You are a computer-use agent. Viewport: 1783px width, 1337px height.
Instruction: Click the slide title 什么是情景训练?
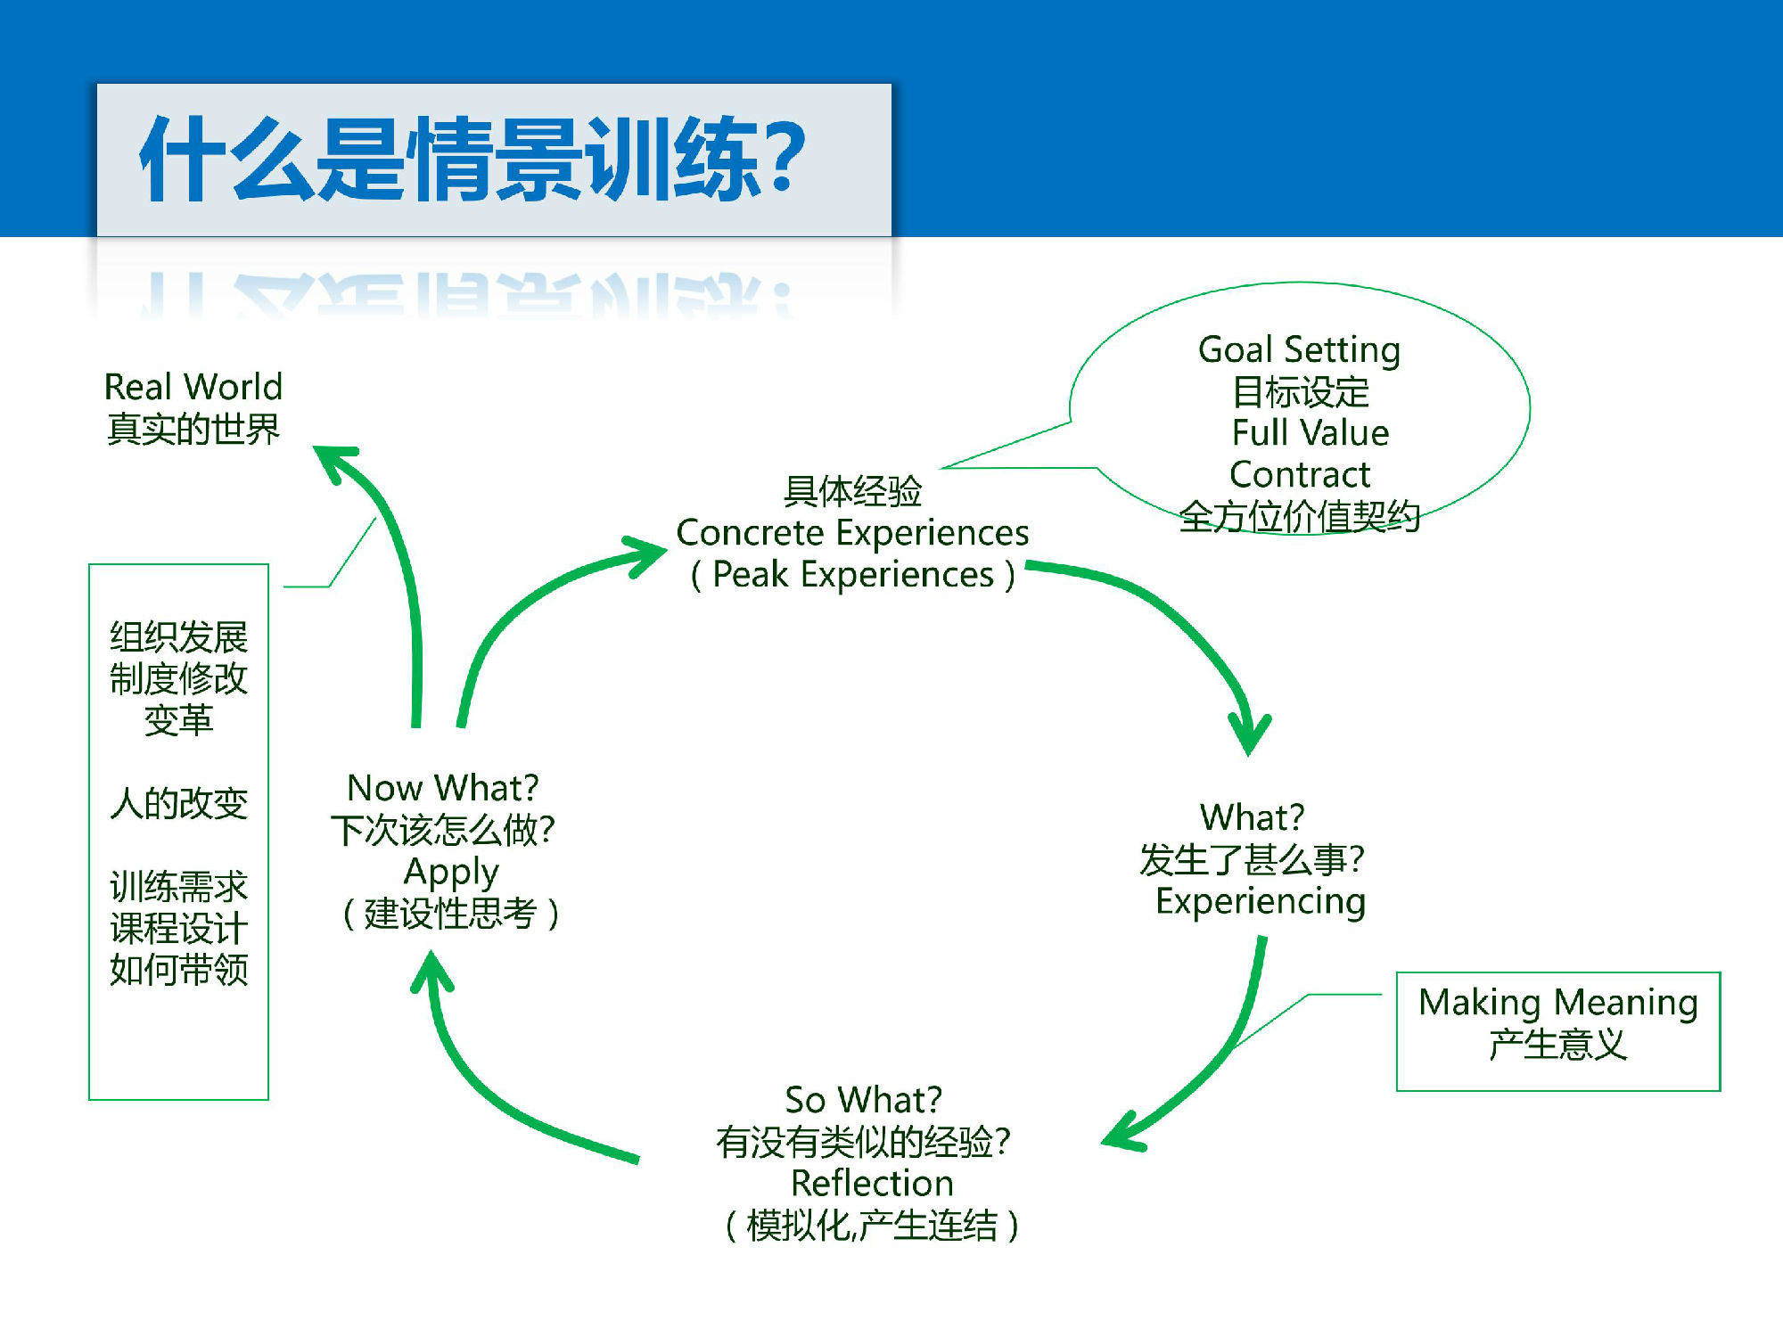[472, 159]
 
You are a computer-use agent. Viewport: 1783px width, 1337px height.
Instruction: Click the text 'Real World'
[193, 387]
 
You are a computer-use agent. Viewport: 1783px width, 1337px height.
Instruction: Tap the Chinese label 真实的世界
[193, 429]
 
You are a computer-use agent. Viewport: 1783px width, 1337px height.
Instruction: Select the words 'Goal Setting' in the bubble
[1299, 350]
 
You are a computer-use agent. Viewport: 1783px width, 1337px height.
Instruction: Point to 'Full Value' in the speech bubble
[1311, 432]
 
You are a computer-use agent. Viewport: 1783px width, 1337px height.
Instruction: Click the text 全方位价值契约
[1299, 516]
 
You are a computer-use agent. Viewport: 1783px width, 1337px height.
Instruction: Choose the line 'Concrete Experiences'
[852, 533]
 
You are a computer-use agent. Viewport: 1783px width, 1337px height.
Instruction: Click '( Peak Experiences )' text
[853, 575]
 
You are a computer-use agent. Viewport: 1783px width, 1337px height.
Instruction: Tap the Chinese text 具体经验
[852, 490]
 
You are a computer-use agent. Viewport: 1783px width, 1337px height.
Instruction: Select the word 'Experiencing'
[1261, 902]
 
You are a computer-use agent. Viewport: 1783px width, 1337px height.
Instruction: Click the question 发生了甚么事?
[1252, 859]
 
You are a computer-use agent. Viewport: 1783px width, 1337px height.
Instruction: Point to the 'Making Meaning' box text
[1558, 1003]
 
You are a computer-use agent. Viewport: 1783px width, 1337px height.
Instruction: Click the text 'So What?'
[863, 1099]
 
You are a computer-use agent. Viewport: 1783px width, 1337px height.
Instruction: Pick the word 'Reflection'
[872, 1183]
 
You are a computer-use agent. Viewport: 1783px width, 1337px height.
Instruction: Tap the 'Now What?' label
[443, 788]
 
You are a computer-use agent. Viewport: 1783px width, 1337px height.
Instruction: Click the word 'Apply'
[451, 873]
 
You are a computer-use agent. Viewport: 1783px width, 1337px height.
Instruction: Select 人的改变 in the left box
[178, 803]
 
